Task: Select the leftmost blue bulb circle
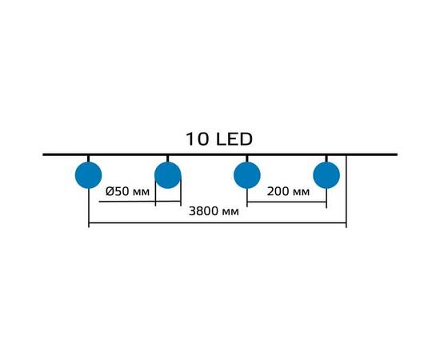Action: [88, 175]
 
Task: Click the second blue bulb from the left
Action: [168, 175]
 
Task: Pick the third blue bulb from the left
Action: [247, 175]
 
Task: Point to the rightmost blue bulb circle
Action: [326, 175]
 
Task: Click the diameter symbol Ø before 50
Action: [110, 192]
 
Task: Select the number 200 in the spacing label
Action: [278, 192]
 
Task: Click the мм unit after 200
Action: [302, 193]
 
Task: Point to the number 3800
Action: [204, 211]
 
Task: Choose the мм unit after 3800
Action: [230, 213]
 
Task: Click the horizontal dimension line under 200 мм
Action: [286, 202]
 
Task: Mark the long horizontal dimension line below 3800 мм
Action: [218, 223]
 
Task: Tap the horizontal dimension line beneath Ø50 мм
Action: [139, 202]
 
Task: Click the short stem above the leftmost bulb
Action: [88, 159]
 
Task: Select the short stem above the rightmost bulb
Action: [326, 159]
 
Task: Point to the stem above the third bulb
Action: [247, 159]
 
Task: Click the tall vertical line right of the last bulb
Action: [346, 191]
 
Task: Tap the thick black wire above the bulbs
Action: [220, 154]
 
